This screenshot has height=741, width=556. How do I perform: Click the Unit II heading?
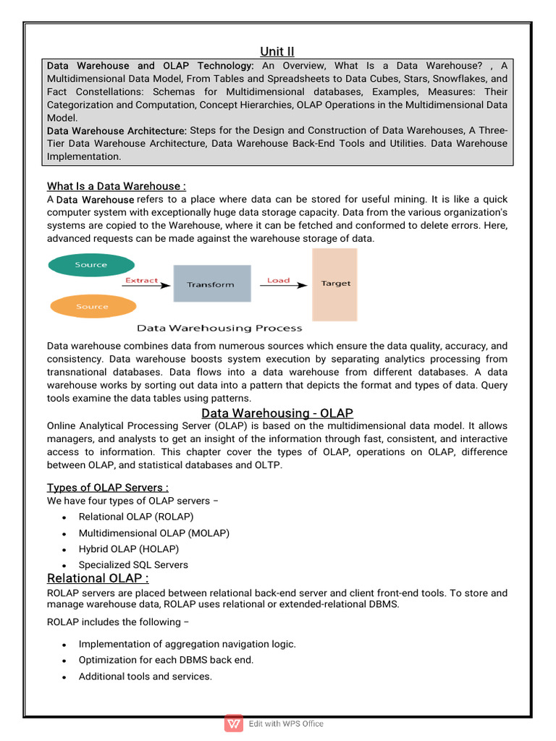click(x=277, y=51)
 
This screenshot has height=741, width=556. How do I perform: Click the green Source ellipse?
click(x=90, y=265)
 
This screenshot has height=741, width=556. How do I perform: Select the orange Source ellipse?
click(x=91, y=306)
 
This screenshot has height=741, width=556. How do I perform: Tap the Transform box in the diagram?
click(x=211, y=284)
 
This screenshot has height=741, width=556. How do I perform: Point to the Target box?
click(x=334, y=284)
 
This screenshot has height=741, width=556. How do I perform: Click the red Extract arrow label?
click(x=142, y=280)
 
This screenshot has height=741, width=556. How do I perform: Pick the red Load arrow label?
click(x=278, y=280)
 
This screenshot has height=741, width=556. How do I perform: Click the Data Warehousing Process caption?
click(x=219, y=328)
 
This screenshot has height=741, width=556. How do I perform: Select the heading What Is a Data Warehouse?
click(x=116, y=186)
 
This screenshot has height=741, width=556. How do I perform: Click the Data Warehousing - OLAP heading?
click(x=277, y=413)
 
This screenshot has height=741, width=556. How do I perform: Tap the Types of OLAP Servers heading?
click(x=108, y=487)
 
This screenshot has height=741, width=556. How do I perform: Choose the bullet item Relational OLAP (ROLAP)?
click(x=136, y=517)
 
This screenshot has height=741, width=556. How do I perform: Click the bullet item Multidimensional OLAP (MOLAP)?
click(x=153, y=533)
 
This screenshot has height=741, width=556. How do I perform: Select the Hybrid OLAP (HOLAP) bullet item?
click(x=128, y=549)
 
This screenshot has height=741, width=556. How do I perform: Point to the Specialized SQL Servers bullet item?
click(x=133, y=564)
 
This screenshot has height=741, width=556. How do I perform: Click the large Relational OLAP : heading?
click(x=98, y=578)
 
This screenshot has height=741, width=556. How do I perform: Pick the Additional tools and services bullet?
click(x=145, y=676)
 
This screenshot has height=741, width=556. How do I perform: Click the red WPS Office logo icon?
click(x=234, y=724)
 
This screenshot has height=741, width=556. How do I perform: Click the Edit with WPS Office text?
click(x=286, y=724)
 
